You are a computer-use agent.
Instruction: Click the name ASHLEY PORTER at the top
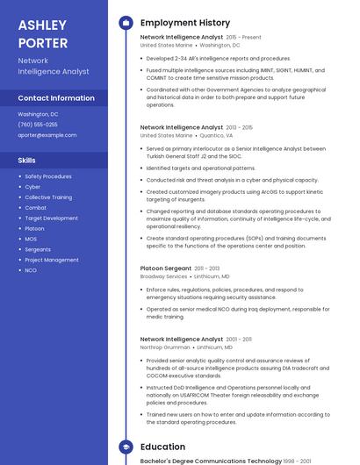click(x=43, y=33)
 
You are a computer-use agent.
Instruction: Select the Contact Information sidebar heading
click(x=56, y=98)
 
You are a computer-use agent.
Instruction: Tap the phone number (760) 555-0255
click(x=38, y=125)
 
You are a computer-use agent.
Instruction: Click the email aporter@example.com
click(x=47, y=135)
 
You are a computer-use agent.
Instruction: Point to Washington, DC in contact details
click(x=39, y=114)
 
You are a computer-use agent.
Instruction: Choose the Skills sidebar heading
click(x=27, y=161)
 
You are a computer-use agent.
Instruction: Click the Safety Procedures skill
click(x=48, y=176)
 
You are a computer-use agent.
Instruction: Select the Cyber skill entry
click(x=32, y=187)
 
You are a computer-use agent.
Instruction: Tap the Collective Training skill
click(x=48, y=197)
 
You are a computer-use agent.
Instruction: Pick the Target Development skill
click(x=51, y=218)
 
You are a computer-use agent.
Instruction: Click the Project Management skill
click(x=52, y=260)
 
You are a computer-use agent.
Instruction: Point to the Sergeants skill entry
click(x=38, y=249)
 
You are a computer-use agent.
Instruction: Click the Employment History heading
click(x=185, y=23)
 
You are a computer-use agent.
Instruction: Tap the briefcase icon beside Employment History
click(x=126, y=23)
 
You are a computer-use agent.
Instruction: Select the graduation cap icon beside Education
click(x=126, y=447)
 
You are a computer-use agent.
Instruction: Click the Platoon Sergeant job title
click(x=166, y=268)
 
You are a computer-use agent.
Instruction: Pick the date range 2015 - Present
click(x=243, y=38)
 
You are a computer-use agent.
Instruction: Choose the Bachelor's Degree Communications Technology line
click(x=211, y=461)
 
